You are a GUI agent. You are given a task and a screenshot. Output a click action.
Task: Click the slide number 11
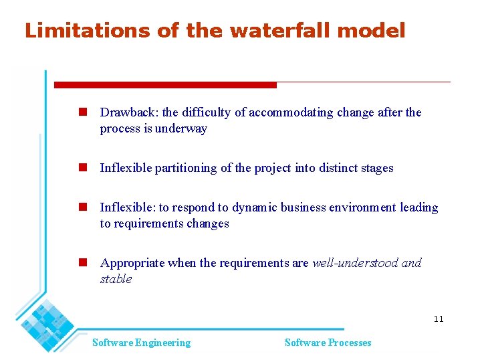(x=438, y=319)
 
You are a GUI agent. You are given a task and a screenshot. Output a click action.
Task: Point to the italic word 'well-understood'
(x=354, y=263)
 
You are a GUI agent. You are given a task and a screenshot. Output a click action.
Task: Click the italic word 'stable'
(x=116, y=279)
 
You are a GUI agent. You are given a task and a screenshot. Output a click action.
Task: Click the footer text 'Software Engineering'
(x=141, y=343)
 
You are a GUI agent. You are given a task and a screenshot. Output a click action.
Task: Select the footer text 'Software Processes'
(x=328, y=343)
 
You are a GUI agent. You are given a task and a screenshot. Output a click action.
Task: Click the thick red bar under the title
(x=165, y=85)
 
